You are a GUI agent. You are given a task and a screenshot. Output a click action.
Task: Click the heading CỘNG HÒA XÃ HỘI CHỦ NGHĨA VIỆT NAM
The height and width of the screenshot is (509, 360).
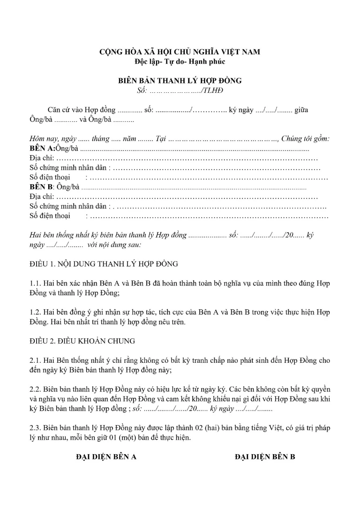(180, 52)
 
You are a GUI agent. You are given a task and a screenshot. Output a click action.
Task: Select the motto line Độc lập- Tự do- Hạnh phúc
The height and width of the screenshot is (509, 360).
(180, 60)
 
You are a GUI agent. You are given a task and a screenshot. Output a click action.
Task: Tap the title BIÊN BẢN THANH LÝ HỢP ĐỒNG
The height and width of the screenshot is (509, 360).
(180, 81)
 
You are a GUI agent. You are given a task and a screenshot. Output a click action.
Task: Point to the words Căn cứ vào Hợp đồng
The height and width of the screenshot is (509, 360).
(81, 110)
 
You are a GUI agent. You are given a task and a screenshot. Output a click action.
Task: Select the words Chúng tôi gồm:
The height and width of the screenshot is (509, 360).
(305, 139)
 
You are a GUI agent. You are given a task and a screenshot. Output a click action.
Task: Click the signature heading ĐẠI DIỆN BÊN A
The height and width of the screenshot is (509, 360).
(106, 457)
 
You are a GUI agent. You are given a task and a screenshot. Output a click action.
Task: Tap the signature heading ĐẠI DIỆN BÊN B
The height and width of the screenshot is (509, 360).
(265, 457)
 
